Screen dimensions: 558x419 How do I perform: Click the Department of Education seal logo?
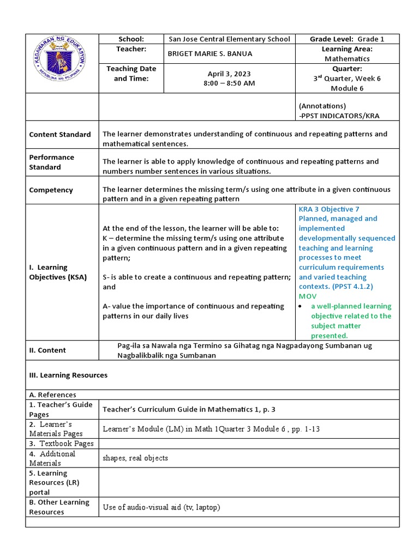(x=62, y=62)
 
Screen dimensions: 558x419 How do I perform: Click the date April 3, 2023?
(x=229, y=74)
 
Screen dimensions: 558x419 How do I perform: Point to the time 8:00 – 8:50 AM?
(x=229, y=83)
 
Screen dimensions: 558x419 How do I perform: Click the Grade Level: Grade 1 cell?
(x=347, y=39)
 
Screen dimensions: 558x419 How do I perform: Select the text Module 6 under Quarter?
(x=347, y=88)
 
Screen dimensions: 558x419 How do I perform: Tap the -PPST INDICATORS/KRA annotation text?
(x=339, y=116)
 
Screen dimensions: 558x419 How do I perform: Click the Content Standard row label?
(x=60, y=135)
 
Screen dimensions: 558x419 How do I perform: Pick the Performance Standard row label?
(x=52, y=162)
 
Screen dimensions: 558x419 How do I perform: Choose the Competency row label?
(x=51, y=190)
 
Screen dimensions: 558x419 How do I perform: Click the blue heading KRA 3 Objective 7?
(x=329, y=209)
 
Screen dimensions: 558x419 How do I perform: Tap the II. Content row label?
(x=47, y=350)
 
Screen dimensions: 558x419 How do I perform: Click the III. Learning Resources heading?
(x=68, y=375)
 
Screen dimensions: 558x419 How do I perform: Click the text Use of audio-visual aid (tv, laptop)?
(x=161, y=507)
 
